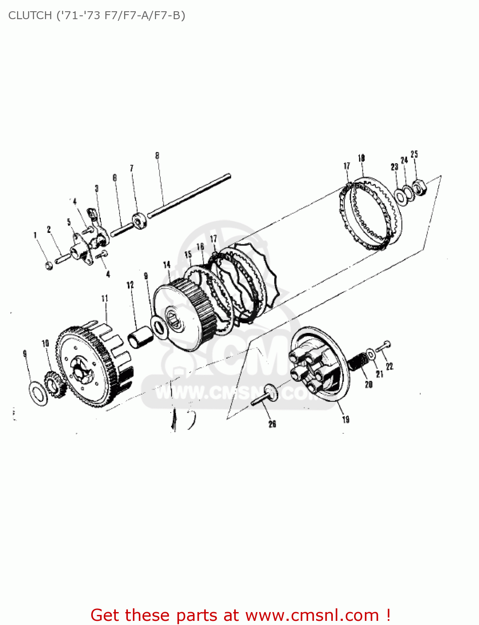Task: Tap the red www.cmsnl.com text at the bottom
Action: [312, 615]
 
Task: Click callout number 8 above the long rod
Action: [157, 155]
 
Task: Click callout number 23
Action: [394, 167]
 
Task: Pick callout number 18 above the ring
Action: [361, 158]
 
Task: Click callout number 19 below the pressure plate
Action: [346, 419]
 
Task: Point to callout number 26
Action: [272, 424]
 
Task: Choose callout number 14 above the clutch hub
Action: [167, 265]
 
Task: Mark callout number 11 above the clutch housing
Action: [105, 298]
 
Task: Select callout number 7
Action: [132, 168]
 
